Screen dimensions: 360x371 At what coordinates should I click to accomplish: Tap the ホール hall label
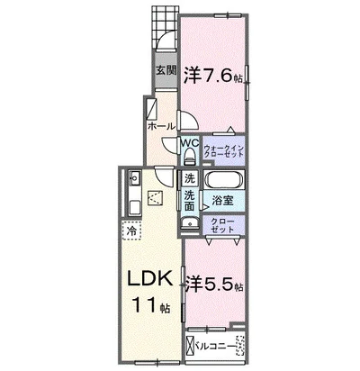pyautogui.click(x=161, y=126)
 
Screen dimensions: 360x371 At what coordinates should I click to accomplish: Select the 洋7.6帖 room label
pyautogui.click(x=213, y=75)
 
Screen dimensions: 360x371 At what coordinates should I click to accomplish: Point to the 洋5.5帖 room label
pyautogui.click(x=213, y=285)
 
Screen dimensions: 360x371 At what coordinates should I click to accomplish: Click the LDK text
pyautogui.click(x=150, y=278)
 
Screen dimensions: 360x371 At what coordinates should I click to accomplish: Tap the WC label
pyautogui.click(x=190, y=143)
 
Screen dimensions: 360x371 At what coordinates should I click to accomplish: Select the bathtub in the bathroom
pyautogui.click(x=223, y=180)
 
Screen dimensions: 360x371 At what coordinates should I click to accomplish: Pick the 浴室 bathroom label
pyautogui.click(x=223, y=201)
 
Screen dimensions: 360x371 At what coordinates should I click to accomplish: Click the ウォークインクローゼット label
pyautogui.click(x=224, y=151)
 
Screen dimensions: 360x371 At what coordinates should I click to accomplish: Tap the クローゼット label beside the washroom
pyautogui.click(x=222, y=226)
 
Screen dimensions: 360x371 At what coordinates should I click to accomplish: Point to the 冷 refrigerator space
pyautogui.click(x=131, y=231)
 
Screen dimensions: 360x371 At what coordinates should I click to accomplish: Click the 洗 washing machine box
pyautogui.click(x=190, y=179)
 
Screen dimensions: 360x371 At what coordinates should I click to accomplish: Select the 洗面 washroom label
pyautogui.click(x=189, y=201)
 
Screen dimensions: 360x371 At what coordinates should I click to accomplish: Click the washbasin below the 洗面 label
pyautogui.click(x=190, y=223)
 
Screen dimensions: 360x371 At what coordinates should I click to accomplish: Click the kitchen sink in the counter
pyautogui.click(x=134, y=178)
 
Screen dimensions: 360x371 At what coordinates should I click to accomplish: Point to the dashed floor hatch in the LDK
pyautogui.click(x=155, y=198)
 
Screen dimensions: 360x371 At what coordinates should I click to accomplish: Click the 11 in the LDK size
pyautogui.click(x=144, y=304)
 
